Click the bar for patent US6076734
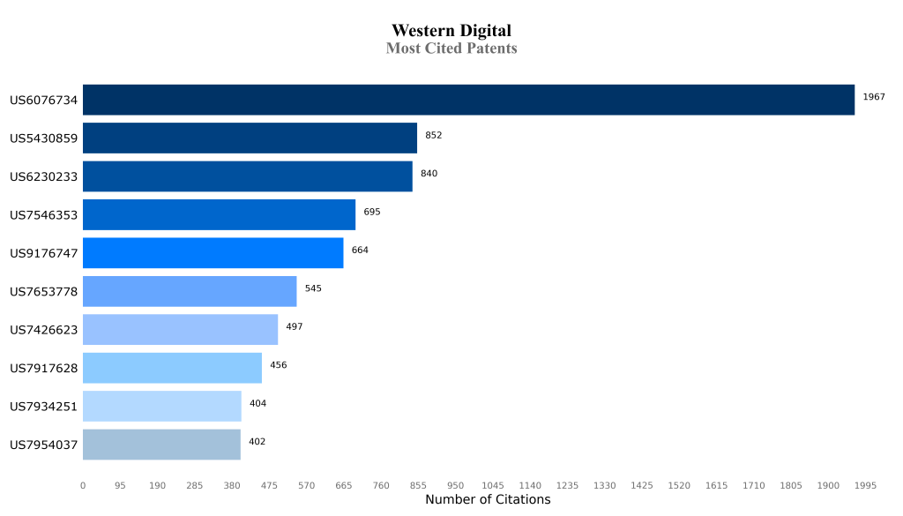click(468, 100)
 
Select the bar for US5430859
click(250, 138)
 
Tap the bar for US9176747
click(213, 253)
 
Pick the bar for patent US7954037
click(161, 445)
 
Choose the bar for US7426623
click(180, 330)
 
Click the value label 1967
click(873, 97)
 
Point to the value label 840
click(429, 174)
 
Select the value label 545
click(313, 288)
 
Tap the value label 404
click(257, 404)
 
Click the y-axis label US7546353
click(44, 215)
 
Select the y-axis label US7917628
click(44, 368)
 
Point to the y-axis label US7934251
click(44, 407)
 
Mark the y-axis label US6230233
click(44, 176)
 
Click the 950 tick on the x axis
click(455, 485)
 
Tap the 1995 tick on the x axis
click(865, 485)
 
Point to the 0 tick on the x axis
click(83, 485)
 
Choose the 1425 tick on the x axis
click(642, 485)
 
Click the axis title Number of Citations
click(487, 500)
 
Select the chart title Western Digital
click(451, 32)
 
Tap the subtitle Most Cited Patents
click(451, 49)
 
